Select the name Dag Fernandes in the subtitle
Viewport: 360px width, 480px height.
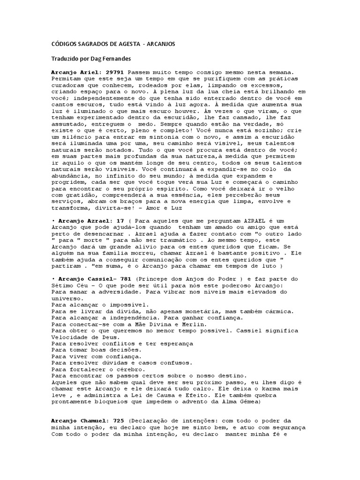pyautogui.click(x=114, y=60)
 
